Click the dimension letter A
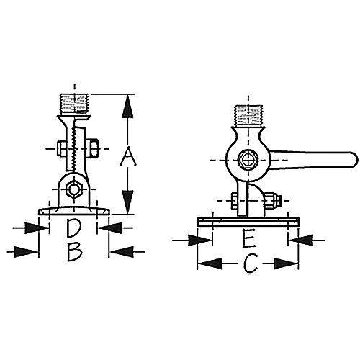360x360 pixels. point(127,155)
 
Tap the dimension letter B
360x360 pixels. point(73,252)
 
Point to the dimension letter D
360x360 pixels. point(73,229)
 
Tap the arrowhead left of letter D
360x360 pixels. point(33,228)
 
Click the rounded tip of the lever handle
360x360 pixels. point(352,157)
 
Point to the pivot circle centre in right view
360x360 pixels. point(246,159)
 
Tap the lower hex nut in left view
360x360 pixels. point(73,191)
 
